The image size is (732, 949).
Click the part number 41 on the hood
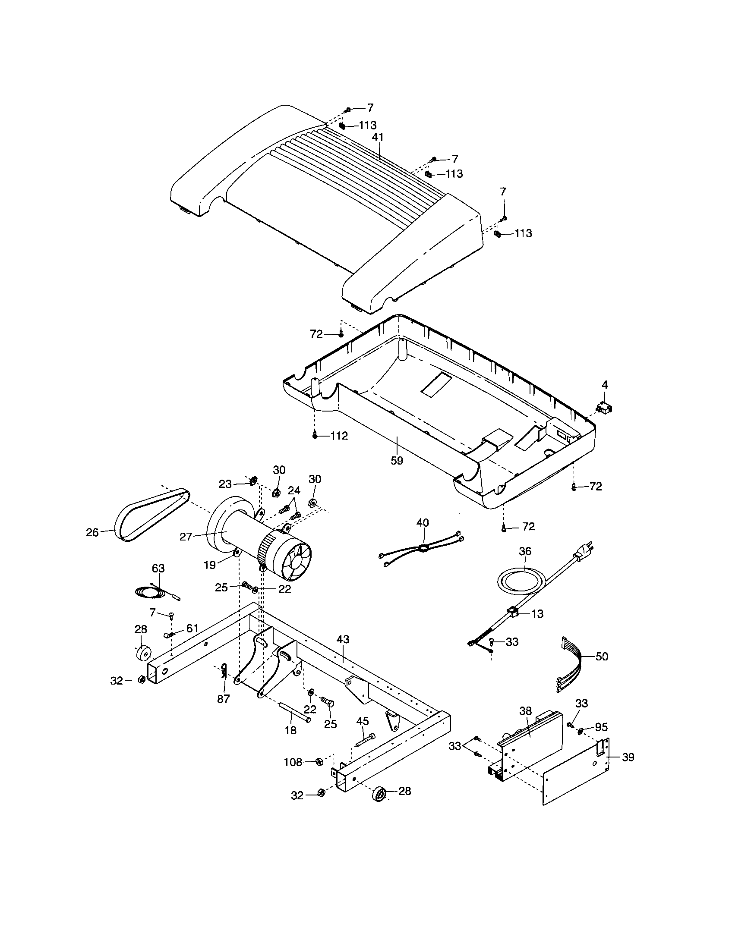378,137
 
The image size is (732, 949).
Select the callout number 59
397,461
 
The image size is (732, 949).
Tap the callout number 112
339,436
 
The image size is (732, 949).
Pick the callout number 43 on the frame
343,640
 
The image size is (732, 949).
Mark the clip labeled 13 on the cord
513,613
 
